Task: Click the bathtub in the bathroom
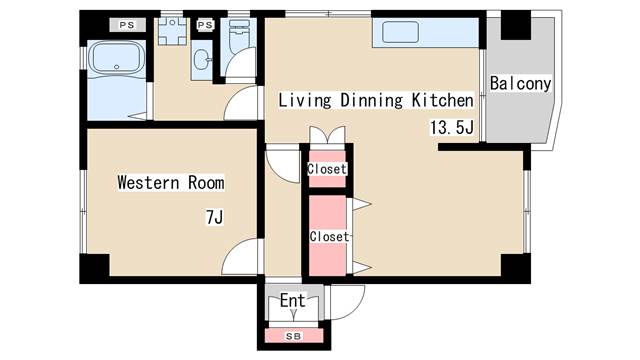coord(116,57)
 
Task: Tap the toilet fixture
coord(239,36)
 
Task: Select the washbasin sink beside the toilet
coord(202,60)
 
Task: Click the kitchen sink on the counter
coord(400,32)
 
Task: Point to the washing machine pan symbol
coord(172,31)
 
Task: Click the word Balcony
coord(520,84)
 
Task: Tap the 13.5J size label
coord(452,127)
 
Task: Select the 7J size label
coord(215,217)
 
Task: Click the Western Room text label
coord(171,182)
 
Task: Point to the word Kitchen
coord(442,100)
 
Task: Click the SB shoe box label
coord(293,336)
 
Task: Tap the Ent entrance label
coord(293,301)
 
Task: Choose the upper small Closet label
coord(327,169)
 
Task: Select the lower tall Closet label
coord(329,236)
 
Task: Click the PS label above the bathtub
coord(127,25)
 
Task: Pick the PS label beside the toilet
coord(205,25)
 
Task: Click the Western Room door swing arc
coord(233,248)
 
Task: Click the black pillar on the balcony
coord(516,25)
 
